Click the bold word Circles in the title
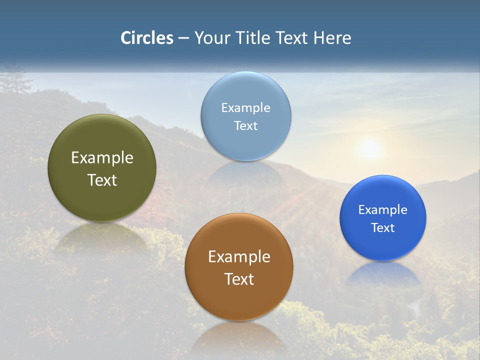[147, 38]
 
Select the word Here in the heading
[332, 38]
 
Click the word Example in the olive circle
[102, 158]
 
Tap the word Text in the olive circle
[102, 180]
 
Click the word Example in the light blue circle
[245, 108]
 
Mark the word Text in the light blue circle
[245, 125]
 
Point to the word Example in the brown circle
[239, 257]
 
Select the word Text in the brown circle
[239, 279]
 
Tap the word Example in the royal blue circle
[383, 210]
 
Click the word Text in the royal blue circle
[383, 227]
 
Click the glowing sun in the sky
[369, 147]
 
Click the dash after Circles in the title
[183, 38]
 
